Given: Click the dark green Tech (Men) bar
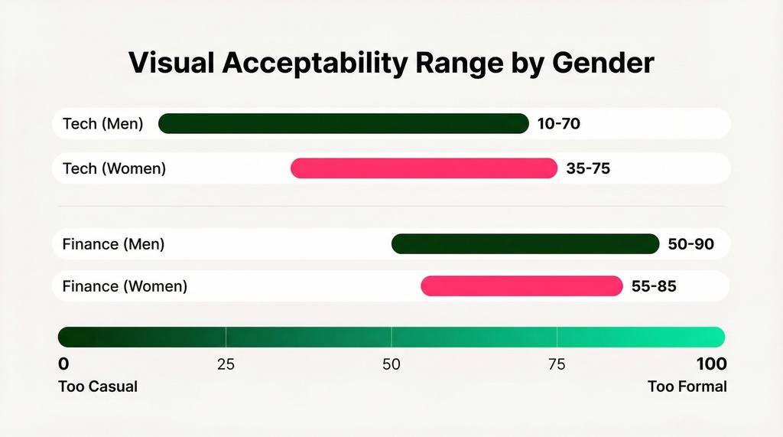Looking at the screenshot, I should [x=343, y=123].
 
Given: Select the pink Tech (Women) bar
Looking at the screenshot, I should [x=424, y=168].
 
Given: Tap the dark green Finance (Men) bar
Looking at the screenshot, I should [x=525, y=244].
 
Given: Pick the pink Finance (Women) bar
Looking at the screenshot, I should [x=521, y=286].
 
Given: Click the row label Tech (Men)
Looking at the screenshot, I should [x=102, y=123].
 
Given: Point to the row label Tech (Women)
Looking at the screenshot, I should [x=114, y=168].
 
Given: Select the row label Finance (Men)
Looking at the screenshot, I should [x=113, y=245].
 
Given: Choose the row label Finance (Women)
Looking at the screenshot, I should [x=125, y=287].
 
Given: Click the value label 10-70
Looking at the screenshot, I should [x=559, y=123].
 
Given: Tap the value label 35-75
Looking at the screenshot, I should [x=588, y=168].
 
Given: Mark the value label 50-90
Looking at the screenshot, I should [x=690, y=245].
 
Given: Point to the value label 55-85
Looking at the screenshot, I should [x=654, y=287].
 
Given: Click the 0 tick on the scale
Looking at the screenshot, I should [x=63, y=364].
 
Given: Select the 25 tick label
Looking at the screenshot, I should [x=226, y=364].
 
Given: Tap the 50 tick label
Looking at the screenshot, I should [x=391, y=364].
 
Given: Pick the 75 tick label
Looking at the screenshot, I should [x=557, y=364].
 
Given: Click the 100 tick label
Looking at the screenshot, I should [x=711, y=364].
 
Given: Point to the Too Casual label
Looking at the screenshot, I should [x=98, y=386].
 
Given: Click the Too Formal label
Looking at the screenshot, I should [x=687, y=386].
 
